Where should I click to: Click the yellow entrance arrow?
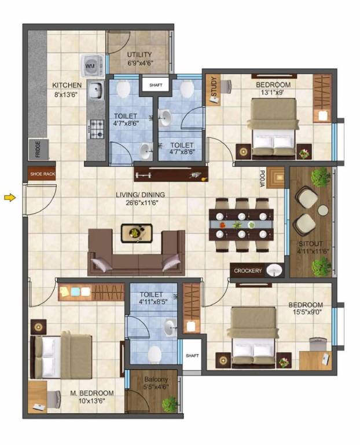(x=9, y=198)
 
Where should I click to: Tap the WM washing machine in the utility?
(x=91, y=65)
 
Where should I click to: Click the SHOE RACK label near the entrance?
(x=42, y=173)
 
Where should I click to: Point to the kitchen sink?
(x=96, y=90)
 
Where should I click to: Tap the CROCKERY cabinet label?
(x=248, y=271)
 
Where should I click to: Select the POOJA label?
(x=262, y=180)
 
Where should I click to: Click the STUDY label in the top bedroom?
(x=213, y=87)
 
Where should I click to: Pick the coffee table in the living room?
(x=137, y=232)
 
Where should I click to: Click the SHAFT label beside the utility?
(x=156, y=85)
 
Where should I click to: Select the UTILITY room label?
(x=139, y=55)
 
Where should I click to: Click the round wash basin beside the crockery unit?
(x=275, y=270)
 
